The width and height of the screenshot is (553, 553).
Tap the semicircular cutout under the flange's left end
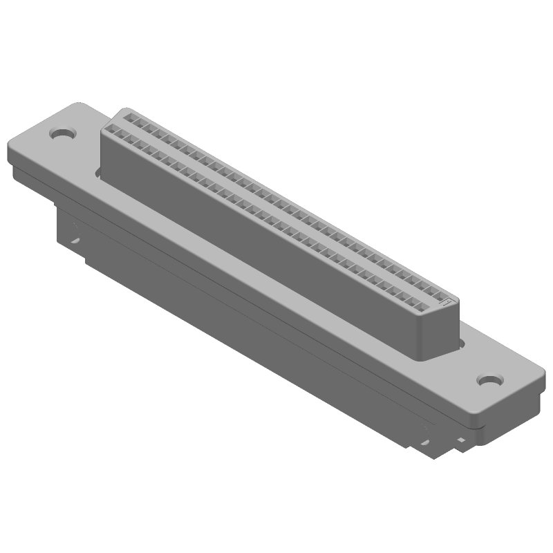(x=75, y=241)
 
